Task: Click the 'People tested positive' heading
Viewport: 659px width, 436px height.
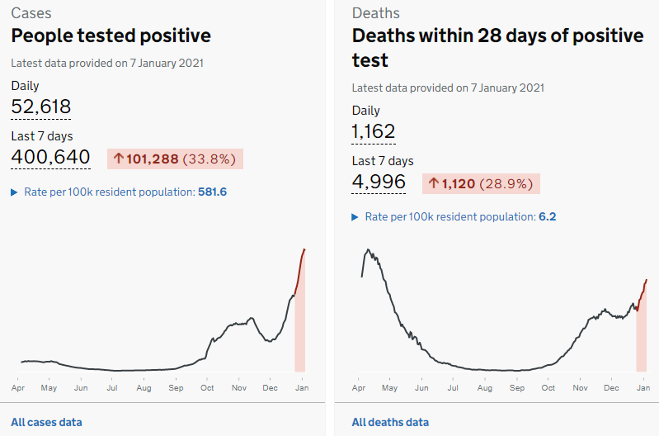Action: [x=111, y=36]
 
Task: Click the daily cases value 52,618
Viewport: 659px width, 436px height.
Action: [x=41, y=107]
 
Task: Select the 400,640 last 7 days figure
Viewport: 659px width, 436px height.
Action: [x=50, y=157]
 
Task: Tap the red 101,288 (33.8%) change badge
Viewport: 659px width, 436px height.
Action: [x=175, y=159]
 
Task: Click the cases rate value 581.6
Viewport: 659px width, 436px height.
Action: [x=212, y=192]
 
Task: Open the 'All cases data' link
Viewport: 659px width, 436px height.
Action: [x=46, y=422]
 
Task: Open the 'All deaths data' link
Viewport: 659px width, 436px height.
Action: [x=390, y=422]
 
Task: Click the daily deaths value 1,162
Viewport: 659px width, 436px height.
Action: [x=374, y=132]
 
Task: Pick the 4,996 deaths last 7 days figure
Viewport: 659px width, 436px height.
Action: [x=379, y=182]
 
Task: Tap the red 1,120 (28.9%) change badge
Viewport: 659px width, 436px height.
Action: [x=481, y=184]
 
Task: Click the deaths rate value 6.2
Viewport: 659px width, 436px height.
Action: [x=548, y=217]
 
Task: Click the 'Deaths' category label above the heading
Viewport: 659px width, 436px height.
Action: [x=376, y=13]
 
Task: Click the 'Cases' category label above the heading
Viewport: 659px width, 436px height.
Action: [x=31, y=13]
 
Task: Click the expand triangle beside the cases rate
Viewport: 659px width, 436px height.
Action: [x=14, y=192]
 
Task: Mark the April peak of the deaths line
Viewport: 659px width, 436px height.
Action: [x=368, y=249]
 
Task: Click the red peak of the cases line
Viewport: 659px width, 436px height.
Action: [x=304, y=249]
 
